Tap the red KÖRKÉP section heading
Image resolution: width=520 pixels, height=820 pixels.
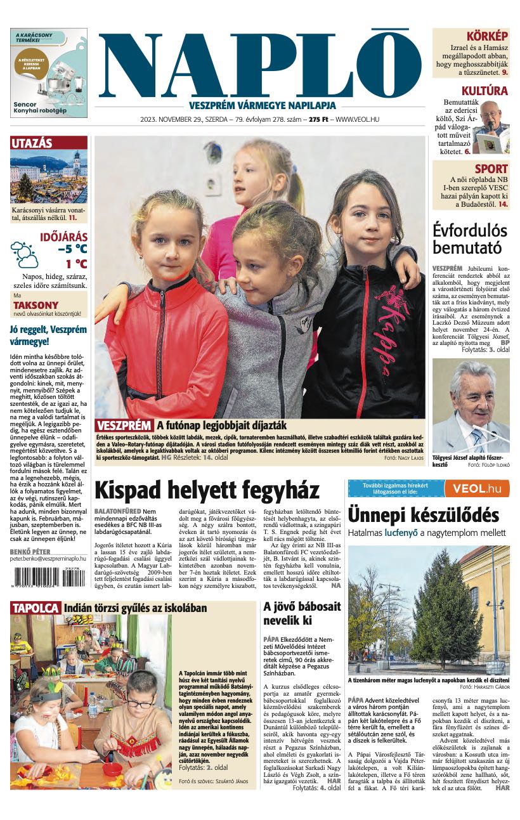point(486,36)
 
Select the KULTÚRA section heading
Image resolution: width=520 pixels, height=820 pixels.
point(484,91)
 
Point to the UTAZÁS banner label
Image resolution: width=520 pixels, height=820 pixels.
point(32,143)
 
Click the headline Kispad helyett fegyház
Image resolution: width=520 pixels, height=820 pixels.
point(207,491)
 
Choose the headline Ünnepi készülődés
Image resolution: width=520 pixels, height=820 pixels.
point(423,516)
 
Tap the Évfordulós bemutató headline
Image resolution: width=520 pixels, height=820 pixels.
point(467,238)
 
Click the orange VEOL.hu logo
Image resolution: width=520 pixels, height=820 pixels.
point(476,488)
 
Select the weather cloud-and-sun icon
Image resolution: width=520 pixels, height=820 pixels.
point(24,254)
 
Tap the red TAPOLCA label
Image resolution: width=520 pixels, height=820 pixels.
point(35,608)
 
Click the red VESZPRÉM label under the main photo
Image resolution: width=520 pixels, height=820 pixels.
point(124,426)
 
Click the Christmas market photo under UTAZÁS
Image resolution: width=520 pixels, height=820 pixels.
point(49,176)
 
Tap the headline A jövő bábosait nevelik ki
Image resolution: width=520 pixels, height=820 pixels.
point(293,613)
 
